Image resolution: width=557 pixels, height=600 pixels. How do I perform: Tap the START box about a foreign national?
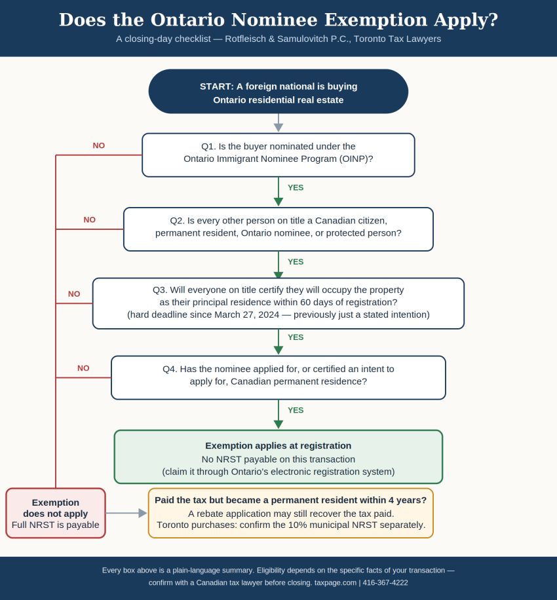[278, 92]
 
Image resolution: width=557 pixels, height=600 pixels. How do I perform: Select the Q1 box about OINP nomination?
[278, 155]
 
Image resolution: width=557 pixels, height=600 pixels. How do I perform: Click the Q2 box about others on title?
[278, 229]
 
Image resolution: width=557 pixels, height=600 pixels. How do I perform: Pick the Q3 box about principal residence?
[278, 303]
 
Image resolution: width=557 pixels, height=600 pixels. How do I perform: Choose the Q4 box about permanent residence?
[278, 378]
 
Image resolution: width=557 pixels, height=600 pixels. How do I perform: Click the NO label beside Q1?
[99, 145]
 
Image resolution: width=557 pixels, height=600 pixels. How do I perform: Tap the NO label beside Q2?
[90, 219]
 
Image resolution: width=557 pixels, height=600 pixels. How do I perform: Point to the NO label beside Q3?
[74, 294]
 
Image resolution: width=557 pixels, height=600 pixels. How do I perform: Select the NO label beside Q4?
[83, 368]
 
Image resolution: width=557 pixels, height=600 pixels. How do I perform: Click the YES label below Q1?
[296, 187]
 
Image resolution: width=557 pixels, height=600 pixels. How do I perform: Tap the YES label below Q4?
[296, 410]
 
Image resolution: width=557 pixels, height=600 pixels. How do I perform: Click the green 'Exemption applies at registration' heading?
[278, 446]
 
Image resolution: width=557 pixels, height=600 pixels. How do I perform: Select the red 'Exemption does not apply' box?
[56, 513]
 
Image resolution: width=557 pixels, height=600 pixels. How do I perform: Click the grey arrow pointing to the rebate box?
[126, 513]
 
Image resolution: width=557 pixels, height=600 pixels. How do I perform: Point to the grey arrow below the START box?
[278, 123]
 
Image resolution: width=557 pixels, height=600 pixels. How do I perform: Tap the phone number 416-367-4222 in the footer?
[385, 583]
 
